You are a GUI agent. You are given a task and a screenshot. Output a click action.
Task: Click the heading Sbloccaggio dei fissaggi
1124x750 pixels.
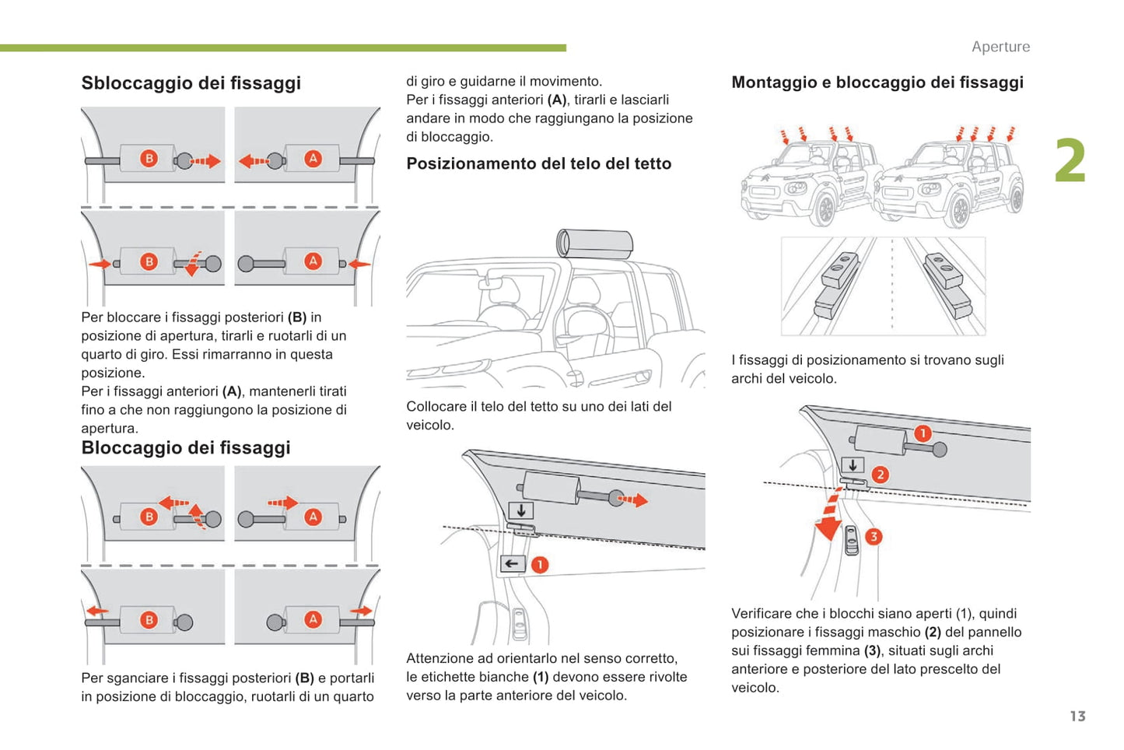[191, 83]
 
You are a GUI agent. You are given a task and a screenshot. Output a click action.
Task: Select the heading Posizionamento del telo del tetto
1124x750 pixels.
[538, 164]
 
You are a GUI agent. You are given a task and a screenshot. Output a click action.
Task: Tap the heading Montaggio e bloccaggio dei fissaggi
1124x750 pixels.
[877, 82]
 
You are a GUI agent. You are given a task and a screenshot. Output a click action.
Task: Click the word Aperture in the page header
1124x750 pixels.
[1000, 47]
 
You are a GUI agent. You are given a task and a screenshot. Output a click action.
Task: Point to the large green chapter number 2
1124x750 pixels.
[1070, 161]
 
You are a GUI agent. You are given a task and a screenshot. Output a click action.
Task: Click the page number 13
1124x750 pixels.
[1077, 717]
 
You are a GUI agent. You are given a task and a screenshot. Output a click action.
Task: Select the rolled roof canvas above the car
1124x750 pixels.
[595, 244]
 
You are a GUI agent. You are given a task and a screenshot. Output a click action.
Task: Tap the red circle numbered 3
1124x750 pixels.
[874, 537]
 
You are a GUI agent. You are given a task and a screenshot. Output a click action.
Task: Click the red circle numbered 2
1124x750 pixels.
[880, 475]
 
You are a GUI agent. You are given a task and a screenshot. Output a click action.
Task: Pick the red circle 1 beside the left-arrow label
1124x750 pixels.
[540, 565]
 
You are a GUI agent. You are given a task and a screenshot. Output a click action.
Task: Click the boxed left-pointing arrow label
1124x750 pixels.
[512, 564]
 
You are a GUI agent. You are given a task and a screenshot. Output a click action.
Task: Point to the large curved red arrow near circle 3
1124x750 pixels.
[828, 517]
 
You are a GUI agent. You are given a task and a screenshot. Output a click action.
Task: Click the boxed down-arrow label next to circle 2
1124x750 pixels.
[853, 465]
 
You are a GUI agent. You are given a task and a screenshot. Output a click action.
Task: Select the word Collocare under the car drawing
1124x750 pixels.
[436, 407]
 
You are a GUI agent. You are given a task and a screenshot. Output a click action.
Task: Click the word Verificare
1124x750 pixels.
[762, 614]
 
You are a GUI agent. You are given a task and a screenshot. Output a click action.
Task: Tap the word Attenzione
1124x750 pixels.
[439, 659]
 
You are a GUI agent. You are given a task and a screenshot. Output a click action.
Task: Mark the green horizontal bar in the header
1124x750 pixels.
[283, 48]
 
